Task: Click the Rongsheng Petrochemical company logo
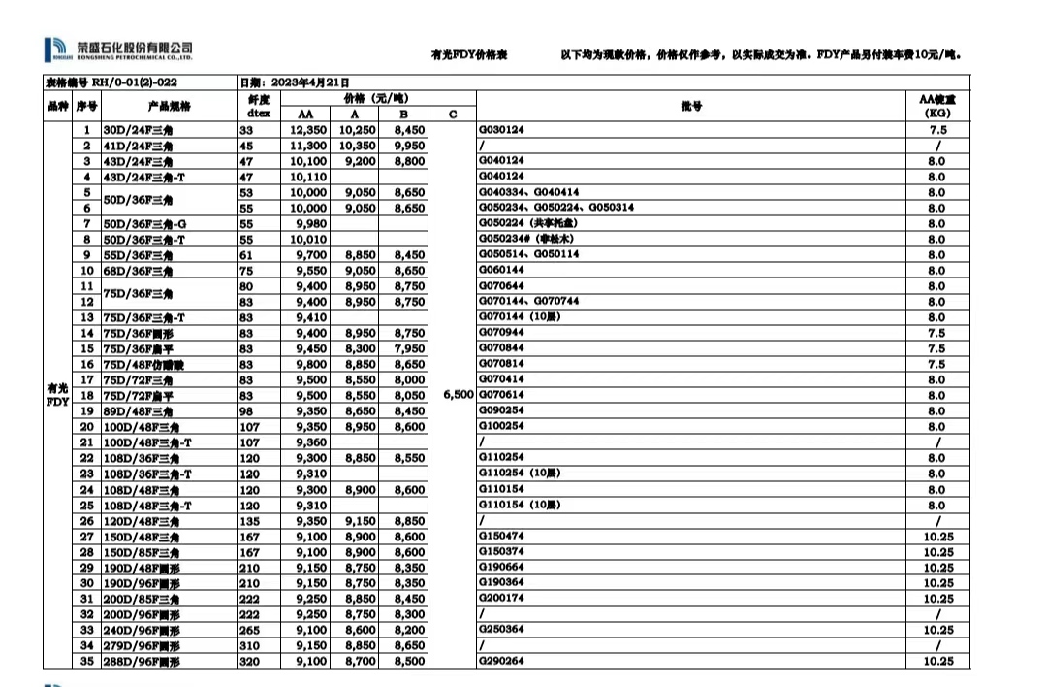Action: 118,49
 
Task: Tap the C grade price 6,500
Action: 458,395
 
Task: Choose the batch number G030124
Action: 502,130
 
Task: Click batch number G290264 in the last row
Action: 502,661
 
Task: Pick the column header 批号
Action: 691,106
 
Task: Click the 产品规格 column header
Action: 169,106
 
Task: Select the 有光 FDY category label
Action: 57,395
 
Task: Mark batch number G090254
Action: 502,410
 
